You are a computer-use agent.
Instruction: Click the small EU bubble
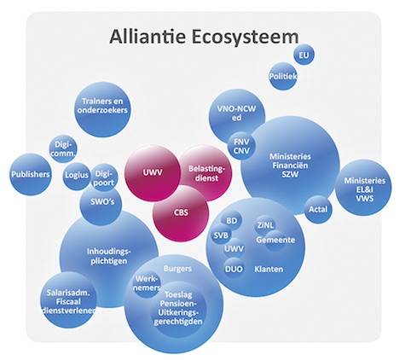click(304, 55)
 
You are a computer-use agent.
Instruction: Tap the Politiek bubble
click(283, 76)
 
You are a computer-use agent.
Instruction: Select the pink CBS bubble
click(181, 213)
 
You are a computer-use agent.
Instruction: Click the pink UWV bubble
click(153, 173)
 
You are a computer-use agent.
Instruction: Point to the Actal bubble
click(318, 209)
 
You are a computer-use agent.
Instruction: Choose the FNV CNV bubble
click(241, 146)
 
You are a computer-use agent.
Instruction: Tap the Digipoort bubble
click(104, 177)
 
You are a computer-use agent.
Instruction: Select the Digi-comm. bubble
click(63, 148)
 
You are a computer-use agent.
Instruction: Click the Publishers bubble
click(31, 174)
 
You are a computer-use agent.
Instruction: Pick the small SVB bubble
click(222, 235)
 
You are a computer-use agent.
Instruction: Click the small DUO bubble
click(234, 269)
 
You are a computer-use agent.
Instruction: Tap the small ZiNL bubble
click(265, 225)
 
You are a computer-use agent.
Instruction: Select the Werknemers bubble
click(147, 283)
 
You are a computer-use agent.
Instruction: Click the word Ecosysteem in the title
click(245, 37)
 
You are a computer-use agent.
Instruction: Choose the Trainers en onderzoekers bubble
click(102, 109)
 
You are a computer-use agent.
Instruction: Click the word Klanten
click(269, 269)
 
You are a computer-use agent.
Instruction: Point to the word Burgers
click(177, 269)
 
